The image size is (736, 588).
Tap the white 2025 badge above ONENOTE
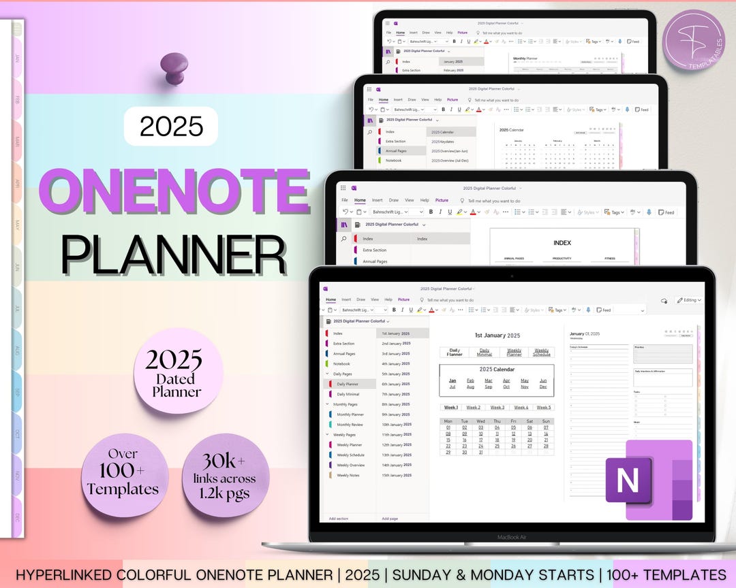click(171, 126)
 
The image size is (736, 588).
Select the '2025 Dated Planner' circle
click(173, 372)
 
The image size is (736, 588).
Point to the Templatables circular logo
click(694, 40)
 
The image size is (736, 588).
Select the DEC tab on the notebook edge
click(17, 517)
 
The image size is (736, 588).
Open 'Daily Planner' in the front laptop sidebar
click(348, 384)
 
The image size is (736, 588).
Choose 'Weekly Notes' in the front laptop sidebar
click(348, 475)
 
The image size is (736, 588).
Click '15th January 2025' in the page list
click(396, 475)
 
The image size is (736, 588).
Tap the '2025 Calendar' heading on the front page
click(497, 370)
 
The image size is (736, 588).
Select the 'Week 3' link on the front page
click(497, 408)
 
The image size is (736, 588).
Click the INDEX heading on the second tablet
click(562, 242)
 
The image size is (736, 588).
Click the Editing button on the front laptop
click(688, 300)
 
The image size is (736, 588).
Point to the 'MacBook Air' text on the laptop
click(511, 537)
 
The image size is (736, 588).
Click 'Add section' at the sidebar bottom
click(338, 519)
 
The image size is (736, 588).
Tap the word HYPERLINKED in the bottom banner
click(65, 574)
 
